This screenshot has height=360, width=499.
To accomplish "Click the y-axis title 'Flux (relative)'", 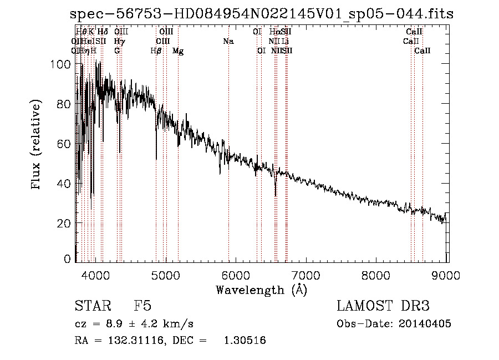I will tap(37, 145).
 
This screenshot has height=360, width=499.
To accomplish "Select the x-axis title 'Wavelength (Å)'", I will tap(261, 290).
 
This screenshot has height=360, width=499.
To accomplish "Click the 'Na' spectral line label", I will tap(228, 42).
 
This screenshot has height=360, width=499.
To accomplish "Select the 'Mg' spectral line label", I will tap(178, 51).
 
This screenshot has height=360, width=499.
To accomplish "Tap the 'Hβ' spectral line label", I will tap(156, 51).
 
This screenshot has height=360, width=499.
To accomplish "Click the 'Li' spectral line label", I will tap(285, 42).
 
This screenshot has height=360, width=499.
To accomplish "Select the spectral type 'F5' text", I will tap(142, 306).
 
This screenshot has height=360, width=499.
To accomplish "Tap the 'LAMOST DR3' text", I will tap(383, 306).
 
